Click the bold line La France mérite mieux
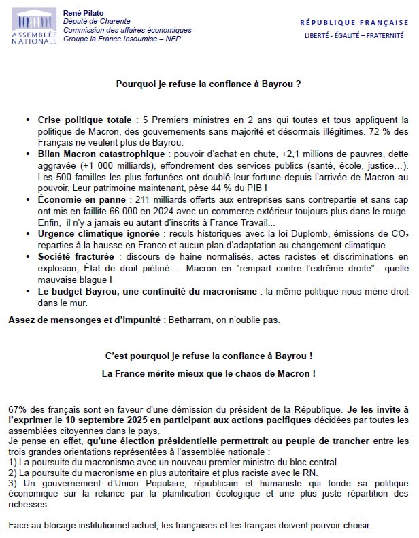point(209,373)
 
